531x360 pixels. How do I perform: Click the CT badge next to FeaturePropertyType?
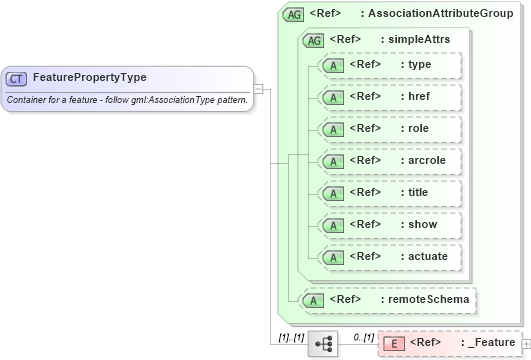[16, 77]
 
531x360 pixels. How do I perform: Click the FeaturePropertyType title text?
[90, 77]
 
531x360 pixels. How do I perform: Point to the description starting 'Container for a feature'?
[127, 100]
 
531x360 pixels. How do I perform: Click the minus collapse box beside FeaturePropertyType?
[258, 88]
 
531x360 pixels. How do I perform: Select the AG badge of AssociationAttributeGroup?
[294, 14]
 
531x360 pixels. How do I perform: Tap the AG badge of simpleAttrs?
[314, 40]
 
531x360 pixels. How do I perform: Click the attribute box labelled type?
[388, 65]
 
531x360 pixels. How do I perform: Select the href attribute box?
[388, 97]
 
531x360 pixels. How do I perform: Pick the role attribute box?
[388, 129]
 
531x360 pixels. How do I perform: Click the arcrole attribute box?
[388, 161]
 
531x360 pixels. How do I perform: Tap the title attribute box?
[388, 193]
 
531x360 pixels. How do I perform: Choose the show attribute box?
[388, 225]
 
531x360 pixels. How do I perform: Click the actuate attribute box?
[388, 257]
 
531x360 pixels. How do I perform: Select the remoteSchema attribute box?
[388, 299]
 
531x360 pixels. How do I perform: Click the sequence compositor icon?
[324, 344]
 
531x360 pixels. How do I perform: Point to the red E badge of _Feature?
[393, 344]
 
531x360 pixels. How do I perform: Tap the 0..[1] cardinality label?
[364, 336]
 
